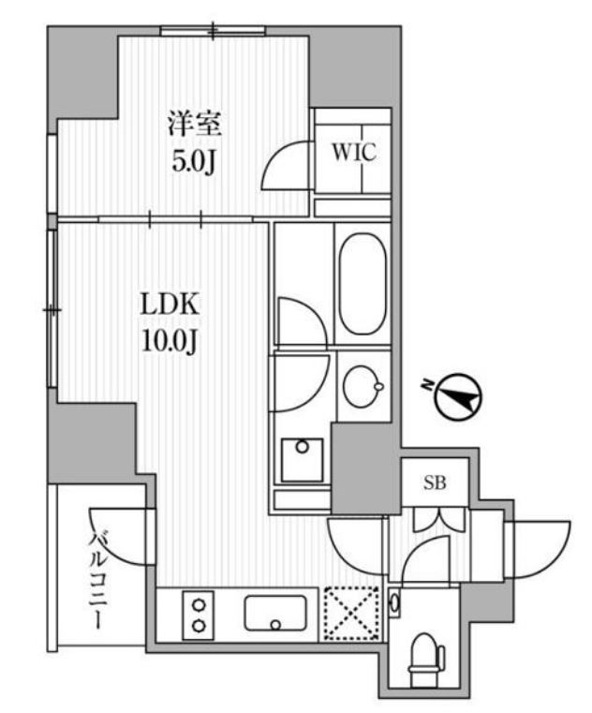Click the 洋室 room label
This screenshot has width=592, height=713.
(194, 124)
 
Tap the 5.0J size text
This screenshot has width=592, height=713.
(193, 161)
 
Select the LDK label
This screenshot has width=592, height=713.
(170, 305)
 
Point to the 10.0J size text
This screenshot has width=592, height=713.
(170, 341)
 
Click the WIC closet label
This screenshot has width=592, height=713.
(354, 152)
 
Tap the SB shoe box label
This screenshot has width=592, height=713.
(435, 483)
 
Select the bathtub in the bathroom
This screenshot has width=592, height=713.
(363, 284)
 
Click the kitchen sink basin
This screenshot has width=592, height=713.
(275, 613)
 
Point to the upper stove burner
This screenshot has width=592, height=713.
(199, 605)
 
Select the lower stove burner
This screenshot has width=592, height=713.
(199, 626)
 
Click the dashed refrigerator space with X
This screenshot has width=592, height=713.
(351, 614)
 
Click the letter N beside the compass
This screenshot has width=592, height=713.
(427, 386)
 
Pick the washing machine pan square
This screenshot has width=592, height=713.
(302, 460)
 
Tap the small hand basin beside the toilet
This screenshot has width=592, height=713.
(394, 603)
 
